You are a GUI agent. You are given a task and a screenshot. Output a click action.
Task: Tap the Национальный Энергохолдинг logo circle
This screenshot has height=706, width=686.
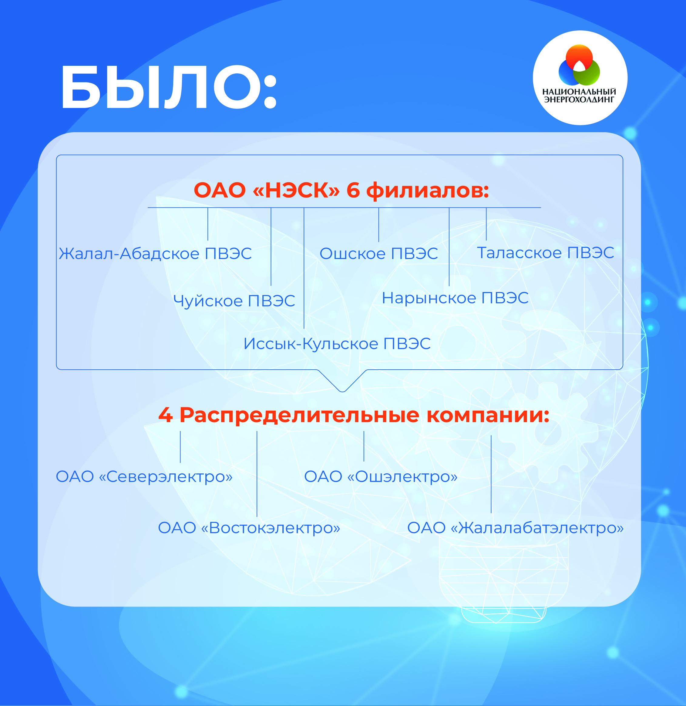tap(580, 78)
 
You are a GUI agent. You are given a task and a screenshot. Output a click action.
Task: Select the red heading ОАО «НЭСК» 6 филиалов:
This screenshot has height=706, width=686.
tap(341, 190)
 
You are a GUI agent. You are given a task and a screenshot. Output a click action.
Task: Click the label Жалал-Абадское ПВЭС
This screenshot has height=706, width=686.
tap(155, 254)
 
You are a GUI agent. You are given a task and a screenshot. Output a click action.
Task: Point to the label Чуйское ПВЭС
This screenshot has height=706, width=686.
tap(234, 301)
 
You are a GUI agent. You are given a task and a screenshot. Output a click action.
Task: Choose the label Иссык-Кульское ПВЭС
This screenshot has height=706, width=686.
tap(337, 344)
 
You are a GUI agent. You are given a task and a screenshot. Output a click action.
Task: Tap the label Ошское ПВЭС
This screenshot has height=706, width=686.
tap(379, 254)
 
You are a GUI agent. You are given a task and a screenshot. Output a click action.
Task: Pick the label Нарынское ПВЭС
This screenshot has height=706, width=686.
tap(455, 298)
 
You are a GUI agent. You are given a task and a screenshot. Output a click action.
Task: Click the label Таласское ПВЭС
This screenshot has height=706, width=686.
tap(546, 253)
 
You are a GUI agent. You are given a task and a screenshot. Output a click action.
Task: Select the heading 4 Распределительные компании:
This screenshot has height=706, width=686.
tap(354, 415)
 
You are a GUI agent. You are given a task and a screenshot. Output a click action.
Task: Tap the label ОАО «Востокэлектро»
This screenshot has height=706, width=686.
tap(249, 528)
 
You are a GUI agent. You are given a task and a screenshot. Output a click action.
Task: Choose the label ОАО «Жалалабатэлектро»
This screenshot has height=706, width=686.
tap(515, 528)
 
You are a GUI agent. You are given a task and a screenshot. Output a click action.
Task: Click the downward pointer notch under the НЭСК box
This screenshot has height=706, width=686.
tap(342, 391)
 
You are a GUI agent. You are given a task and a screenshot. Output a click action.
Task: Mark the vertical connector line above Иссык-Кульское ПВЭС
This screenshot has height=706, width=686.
tap(304, 268)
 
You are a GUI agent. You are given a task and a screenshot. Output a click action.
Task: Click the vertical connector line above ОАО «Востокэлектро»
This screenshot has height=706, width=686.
tap(257, 474)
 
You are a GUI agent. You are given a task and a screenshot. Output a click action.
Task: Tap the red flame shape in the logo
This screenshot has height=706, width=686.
tap(579, 58)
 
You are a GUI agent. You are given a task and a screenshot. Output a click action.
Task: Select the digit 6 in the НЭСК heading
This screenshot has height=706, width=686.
tap(353, 190)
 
